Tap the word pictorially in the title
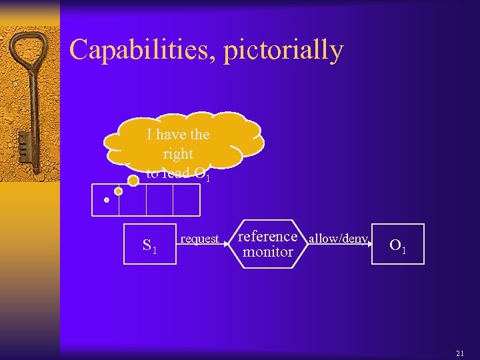[x=283, y=51]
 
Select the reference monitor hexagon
[x=267, y=244]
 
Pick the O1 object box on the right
[x=398, y=245]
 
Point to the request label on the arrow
[x=200, y=239]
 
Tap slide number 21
[x=460, y=353]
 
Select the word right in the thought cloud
[x=178, y=154]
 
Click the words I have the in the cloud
[x=178, y=135]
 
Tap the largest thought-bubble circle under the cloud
[x=133, y=180]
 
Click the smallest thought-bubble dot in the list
[x=106, y=199]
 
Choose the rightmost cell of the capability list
[x=186, y=200]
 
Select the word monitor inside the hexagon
[x=267, y=253]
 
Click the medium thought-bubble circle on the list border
[x=119, y=191]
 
